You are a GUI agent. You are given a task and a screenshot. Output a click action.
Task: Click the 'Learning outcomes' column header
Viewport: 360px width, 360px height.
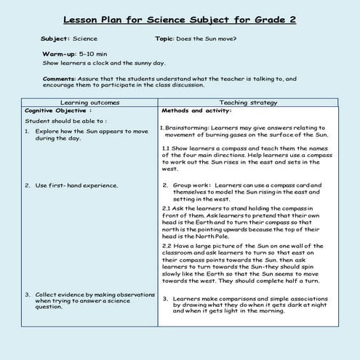(89, 103)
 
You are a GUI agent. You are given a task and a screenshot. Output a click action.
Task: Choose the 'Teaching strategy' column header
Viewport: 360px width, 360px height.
(259, 103)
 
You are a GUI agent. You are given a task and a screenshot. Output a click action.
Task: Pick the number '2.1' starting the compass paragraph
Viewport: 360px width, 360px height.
(166, 207)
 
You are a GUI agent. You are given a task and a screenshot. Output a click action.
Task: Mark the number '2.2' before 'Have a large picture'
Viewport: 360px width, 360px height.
(166, 246)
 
